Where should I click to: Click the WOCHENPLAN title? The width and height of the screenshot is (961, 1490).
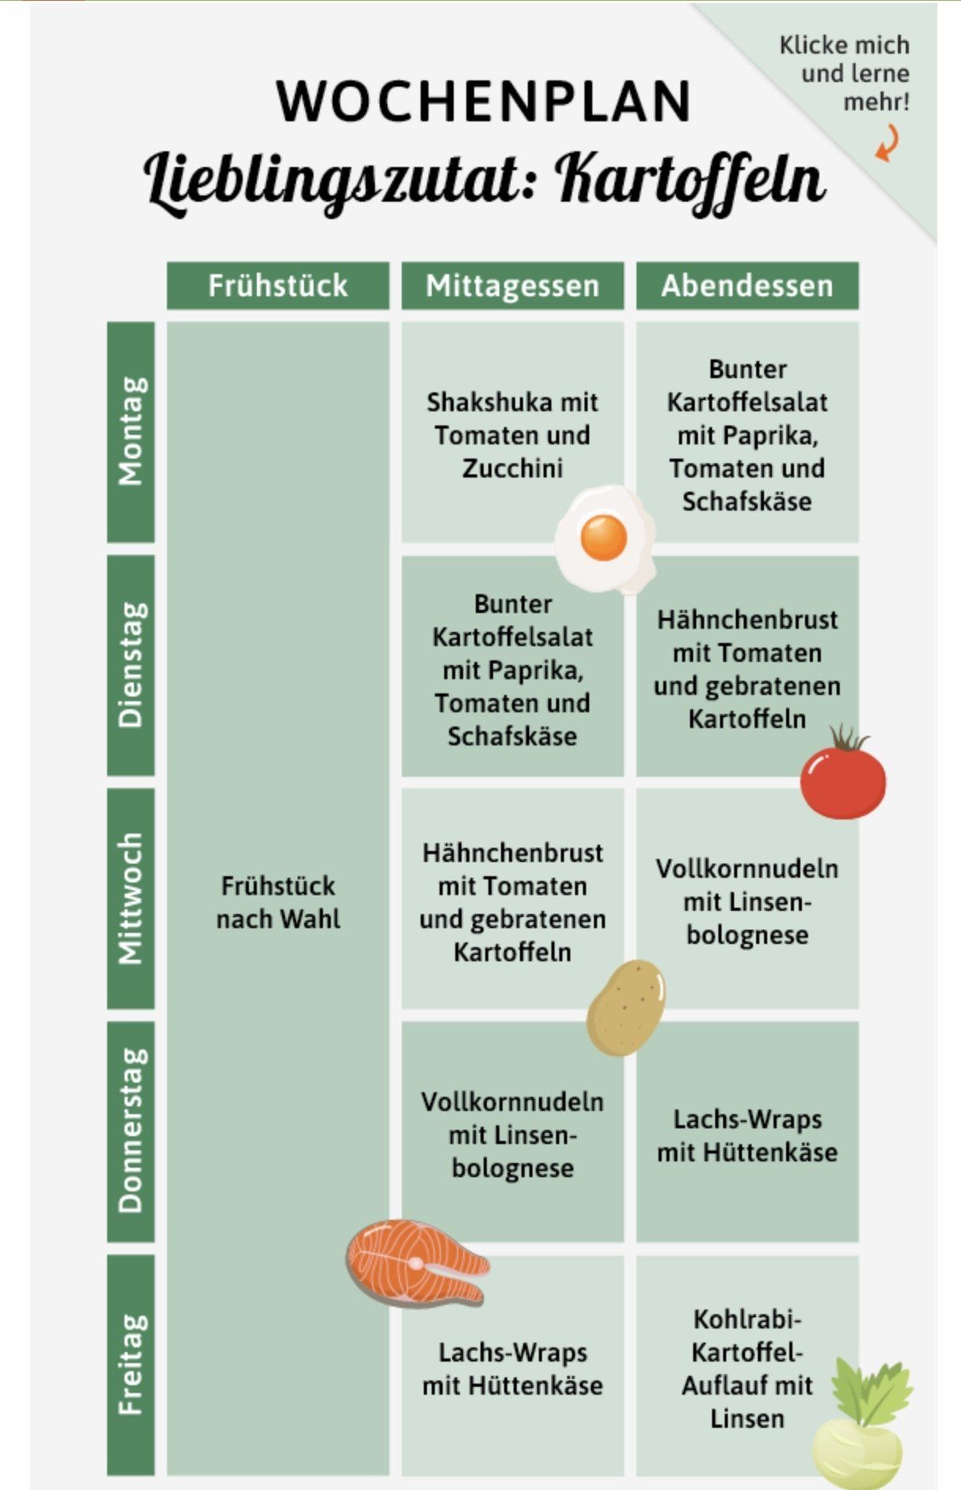point(483,101)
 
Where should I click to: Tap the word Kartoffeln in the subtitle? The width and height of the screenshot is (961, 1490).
point(690,180)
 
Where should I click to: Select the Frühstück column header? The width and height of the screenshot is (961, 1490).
point(277,285)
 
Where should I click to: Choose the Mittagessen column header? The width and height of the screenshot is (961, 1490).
point(512,285)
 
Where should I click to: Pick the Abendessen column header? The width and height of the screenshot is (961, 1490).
point(747,285)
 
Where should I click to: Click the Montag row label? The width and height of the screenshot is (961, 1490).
point(131,431)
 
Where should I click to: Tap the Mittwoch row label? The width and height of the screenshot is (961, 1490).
point(131,898)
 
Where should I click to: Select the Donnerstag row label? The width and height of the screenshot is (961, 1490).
point(131,1131)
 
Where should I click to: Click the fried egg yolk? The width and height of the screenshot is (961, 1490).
point(603,537)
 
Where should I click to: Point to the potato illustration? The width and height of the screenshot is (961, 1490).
point(625,1006)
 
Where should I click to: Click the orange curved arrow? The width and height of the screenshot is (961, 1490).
point(888,145)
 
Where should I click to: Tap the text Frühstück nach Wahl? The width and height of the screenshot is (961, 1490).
point(278,902)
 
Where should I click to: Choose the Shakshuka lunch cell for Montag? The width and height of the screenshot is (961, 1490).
point(512,434)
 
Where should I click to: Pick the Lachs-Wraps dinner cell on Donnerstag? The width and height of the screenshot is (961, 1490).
point(747,1135)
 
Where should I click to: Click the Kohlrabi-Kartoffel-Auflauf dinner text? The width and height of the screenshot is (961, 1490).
point(747,1369)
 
